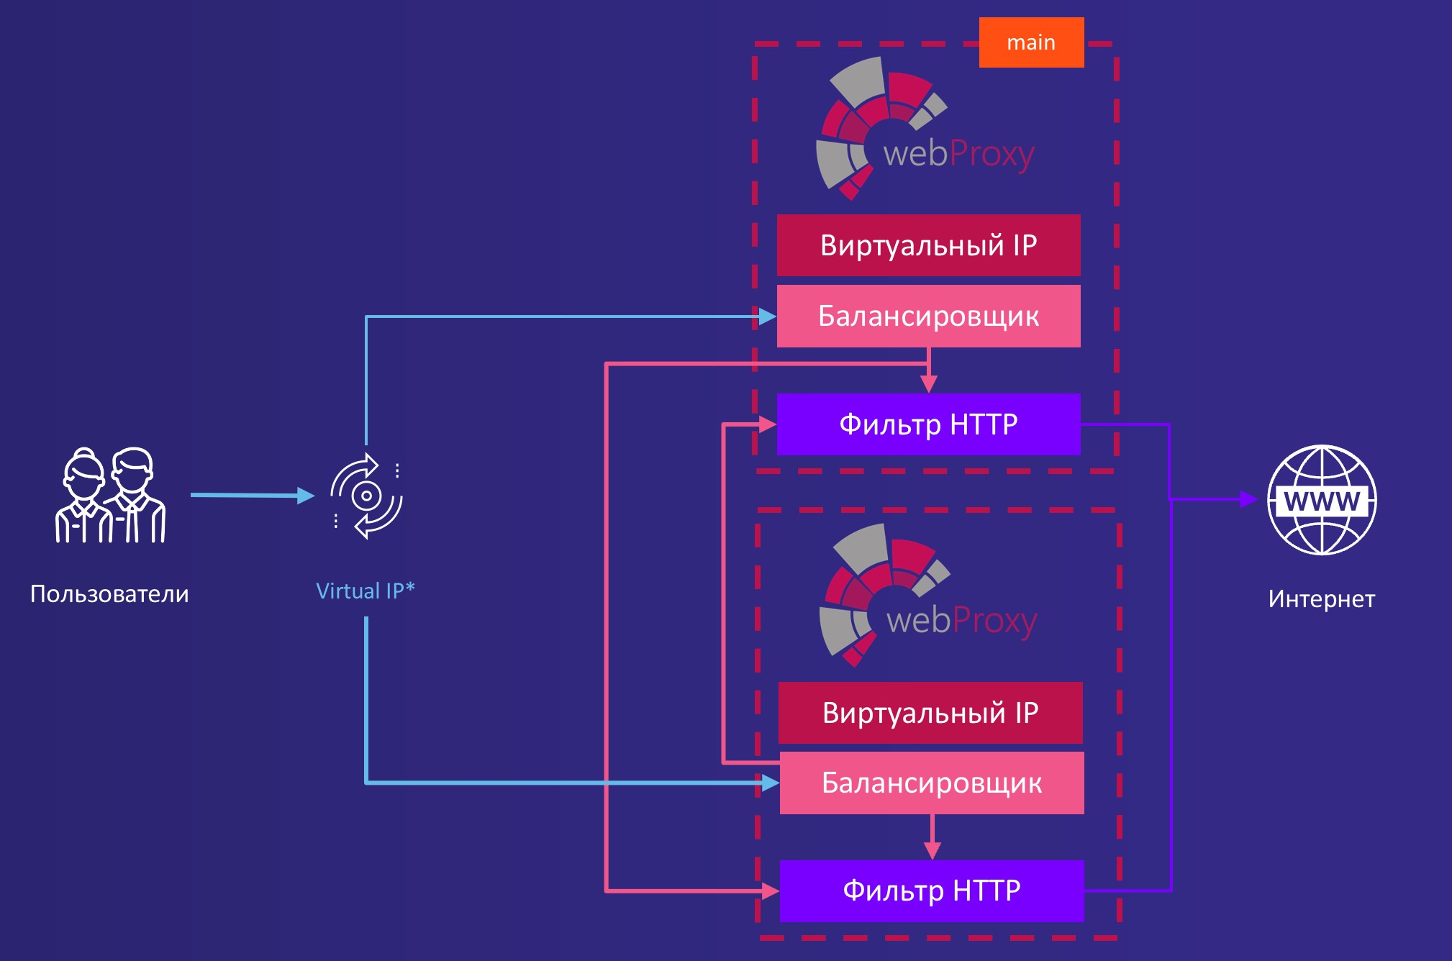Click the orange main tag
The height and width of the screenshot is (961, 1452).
point(1031,42)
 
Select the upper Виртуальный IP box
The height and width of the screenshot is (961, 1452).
point(928,245)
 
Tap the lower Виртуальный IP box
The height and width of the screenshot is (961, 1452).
point(930,713)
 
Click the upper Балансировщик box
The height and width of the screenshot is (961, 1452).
point(928,316)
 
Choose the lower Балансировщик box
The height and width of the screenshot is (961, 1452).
point(932,783)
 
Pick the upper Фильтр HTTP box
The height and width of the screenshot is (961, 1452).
point(928,424)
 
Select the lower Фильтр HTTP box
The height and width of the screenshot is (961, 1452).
point(932,891)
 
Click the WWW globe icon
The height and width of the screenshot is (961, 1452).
point(1322,500)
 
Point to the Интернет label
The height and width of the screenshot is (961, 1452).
point(1321,598)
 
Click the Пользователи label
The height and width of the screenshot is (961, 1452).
point(109,594)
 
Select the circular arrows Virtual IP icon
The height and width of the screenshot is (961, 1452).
point(366,496)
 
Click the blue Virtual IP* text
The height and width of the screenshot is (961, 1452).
point(366,591)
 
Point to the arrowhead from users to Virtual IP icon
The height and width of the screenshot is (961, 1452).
point(306,496)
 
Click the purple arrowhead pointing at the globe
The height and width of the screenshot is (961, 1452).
point(1248,499)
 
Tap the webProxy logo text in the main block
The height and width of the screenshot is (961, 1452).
point(958,154)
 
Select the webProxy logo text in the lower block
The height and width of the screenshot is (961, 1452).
point(961,620)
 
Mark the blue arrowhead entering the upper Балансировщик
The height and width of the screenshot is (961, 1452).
point(767,316)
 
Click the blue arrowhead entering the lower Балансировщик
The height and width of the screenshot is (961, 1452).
point(771,783)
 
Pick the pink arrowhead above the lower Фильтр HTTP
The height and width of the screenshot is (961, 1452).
point(932,850)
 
